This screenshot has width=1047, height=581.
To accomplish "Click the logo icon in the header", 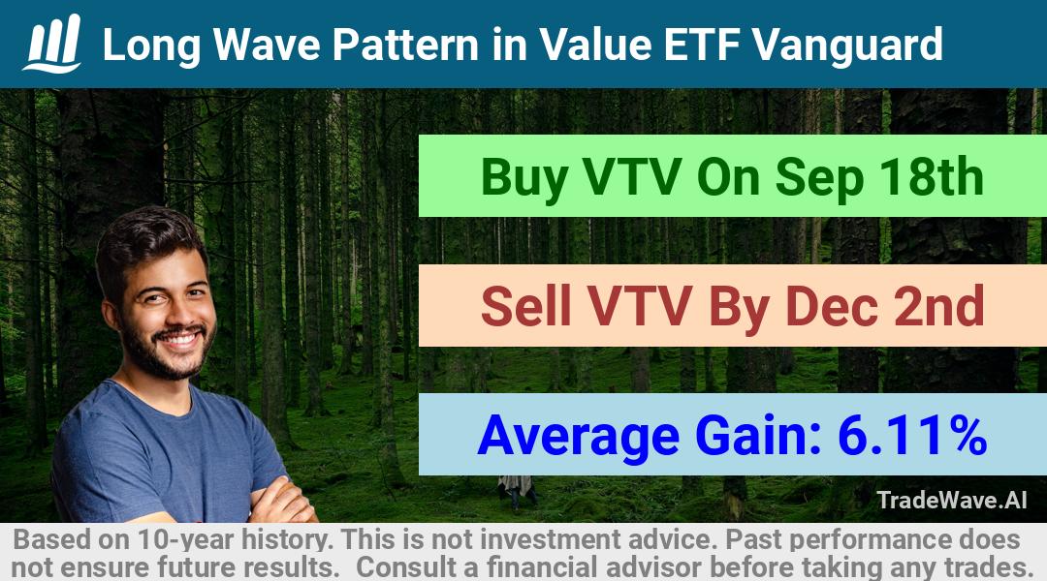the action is pos(52,43).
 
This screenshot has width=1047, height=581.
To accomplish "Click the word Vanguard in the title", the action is pos(847,45).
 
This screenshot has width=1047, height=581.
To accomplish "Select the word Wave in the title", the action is pos(266,45).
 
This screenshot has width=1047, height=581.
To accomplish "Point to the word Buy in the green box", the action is pos(524,177).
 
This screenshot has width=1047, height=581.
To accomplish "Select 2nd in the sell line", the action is pos(938,305).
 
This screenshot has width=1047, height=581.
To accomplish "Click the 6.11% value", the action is pos(912,435).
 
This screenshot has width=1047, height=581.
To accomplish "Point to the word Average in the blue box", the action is pos(578,435).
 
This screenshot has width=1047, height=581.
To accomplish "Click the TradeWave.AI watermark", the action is pos(952,500).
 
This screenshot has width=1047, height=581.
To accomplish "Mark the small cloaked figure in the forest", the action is pos(516,492).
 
